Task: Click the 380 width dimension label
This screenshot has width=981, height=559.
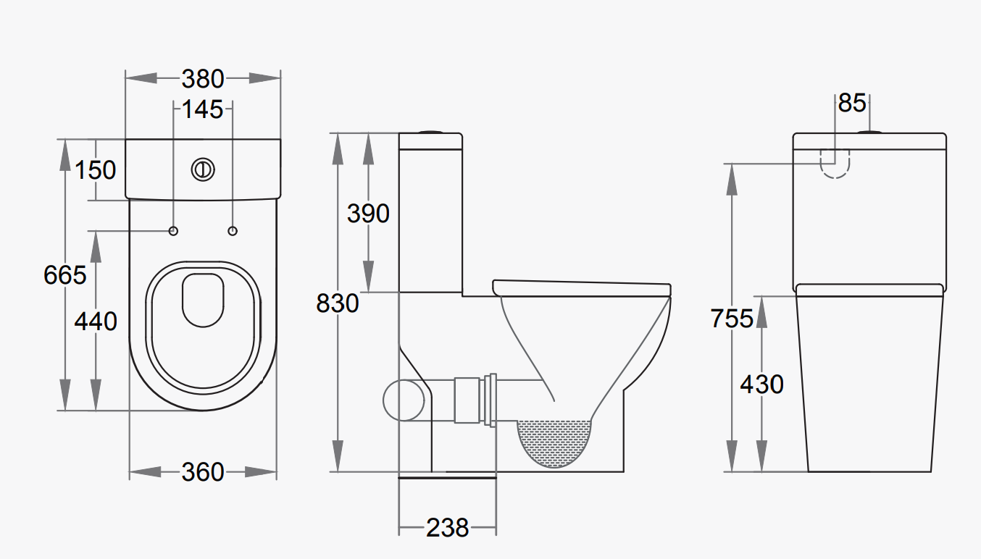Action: click(x=203, y=78)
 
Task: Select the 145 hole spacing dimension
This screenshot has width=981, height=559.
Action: click(x=202, y=109)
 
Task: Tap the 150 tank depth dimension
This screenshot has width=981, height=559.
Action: click(x=96, y=170)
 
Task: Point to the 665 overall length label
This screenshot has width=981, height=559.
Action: click(x=64, y=275)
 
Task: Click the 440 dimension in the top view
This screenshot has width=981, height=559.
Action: click(x=96, y=321)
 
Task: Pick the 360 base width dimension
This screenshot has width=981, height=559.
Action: click(x=203, y=472)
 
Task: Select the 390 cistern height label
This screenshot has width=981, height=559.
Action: click(x=368, y=214)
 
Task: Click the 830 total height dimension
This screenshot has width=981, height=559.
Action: click(x=338, y=303)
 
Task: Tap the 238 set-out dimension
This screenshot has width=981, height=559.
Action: click(x=447, y=528)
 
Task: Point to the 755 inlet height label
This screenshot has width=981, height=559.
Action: click(x=732, y=318)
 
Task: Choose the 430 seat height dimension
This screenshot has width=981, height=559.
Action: click(x=761, y=384)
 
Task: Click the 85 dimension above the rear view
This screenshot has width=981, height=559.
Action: click(x=852, y=104)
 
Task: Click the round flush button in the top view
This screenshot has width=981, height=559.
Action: click(x=204, y=169)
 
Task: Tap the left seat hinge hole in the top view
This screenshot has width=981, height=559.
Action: click(x=173, y=230)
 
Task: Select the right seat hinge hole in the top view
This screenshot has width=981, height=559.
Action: click(x=233, y=230)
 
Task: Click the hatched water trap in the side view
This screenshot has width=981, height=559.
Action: click(x=554, y=442)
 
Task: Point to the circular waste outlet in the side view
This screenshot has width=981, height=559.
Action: click(x=403, y=400)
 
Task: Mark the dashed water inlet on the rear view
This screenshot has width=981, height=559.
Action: click(x=835, y=163)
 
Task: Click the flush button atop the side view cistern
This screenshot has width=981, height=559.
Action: click(x=430, y=132)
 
